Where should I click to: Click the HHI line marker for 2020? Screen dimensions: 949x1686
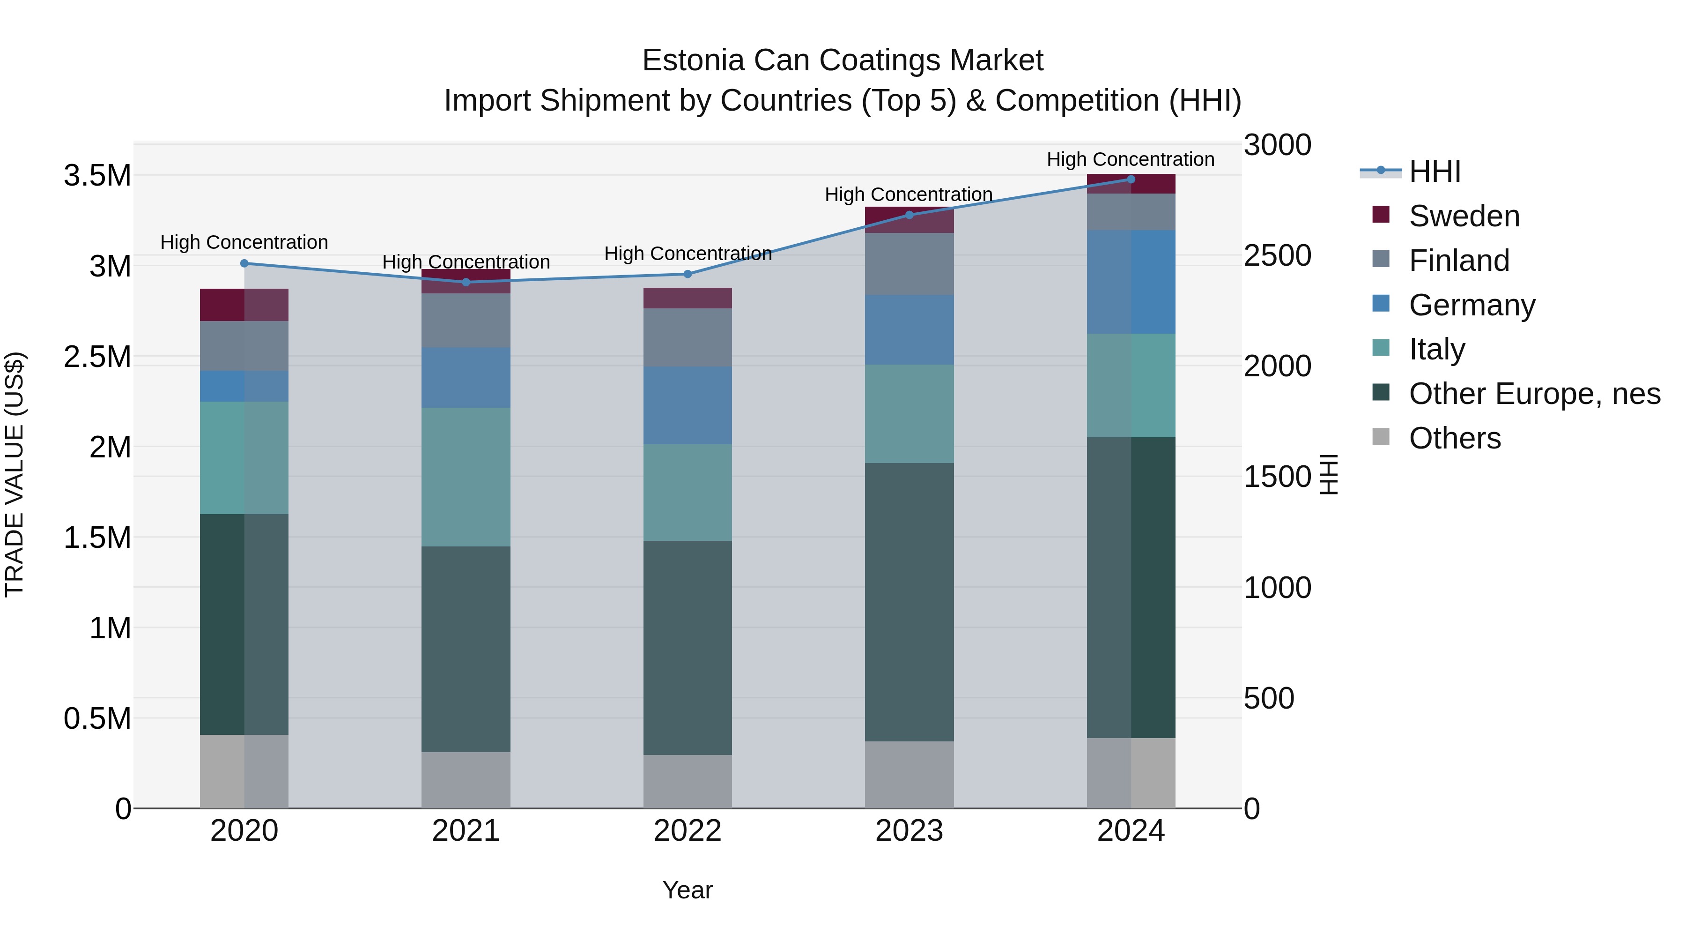244,263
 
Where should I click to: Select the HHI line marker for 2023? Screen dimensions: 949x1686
909,215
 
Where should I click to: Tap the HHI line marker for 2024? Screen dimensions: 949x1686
1131,179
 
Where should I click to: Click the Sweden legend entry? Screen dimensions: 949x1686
1464,216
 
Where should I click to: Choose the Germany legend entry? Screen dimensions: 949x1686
1472,305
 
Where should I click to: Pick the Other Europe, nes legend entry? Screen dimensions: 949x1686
1534,394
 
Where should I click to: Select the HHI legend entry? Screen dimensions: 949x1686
1434,172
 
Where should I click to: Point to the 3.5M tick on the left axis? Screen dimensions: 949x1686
97,176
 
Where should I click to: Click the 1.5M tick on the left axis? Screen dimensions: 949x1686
97,538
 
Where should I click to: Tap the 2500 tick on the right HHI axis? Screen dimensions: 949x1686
1277,255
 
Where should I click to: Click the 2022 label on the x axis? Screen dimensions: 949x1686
687,831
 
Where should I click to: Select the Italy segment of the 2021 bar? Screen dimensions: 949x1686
466,477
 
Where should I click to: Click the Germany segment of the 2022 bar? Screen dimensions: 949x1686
687,405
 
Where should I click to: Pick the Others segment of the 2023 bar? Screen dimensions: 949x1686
909,775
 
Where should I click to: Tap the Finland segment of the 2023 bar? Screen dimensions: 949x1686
909,263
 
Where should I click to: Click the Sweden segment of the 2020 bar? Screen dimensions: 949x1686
244,305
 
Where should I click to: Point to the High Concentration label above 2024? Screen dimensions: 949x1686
1131,159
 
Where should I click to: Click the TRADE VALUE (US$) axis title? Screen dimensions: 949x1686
15,474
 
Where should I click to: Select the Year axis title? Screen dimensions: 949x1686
687,890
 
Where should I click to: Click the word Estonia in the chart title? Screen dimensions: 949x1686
693,60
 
